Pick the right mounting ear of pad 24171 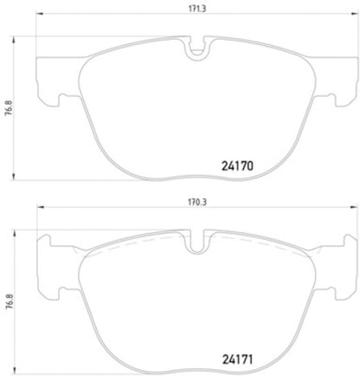[329, 270]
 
